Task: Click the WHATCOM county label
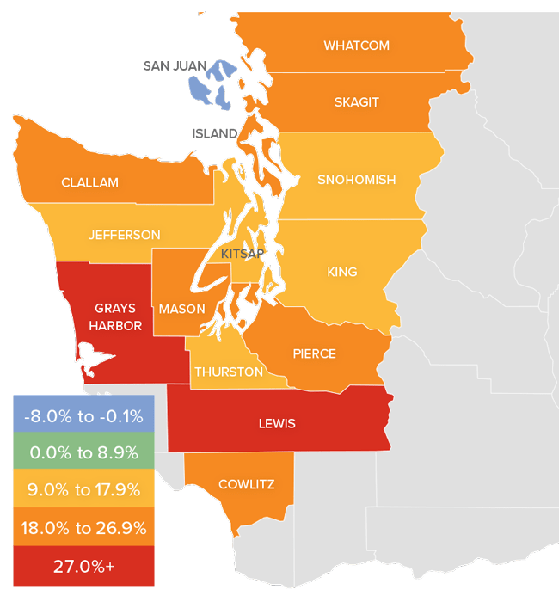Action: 356,46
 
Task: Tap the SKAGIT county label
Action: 356,102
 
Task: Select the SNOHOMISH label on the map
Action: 356,180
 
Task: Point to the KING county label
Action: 341,273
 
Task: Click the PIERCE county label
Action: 314,353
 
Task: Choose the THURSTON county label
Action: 228,372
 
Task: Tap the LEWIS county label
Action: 277,423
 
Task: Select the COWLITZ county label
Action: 247,484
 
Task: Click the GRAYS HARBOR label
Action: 115,316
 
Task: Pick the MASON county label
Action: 182,309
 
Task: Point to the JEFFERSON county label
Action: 124,235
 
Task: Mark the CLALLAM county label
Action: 89,182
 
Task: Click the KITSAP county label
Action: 242,254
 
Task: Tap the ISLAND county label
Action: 213,133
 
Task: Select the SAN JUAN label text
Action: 175,65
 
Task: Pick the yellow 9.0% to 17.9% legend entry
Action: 83,490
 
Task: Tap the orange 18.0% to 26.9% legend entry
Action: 83,528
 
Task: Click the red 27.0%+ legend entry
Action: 83,565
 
